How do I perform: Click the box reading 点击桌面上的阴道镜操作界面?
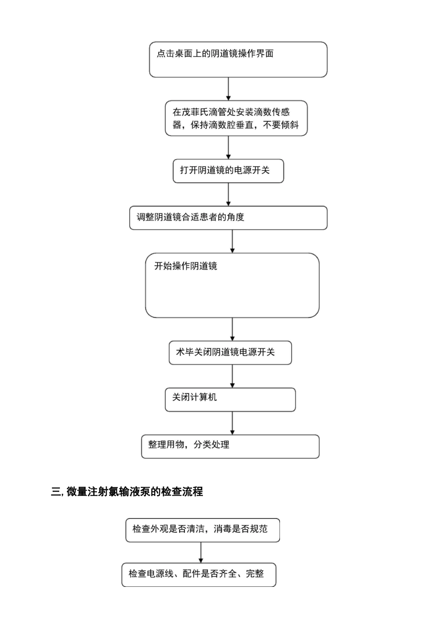tap(238, 59)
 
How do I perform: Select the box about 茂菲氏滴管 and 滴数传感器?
tap(236, 118)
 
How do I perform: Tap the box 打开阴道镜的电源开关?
tap(228, 171)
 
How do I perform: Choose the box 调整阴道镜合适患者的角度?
tap(228, 218)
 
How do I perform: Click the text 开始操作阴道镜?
tap(186, 266)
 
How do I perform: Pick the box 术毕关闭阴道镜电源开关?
tap(230, 352)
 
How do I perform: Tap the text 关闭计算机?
tap(194, 398)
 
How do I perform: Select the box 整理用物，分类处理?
tap(230, 446)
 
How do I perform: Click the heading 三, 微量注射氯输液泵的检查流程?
tap(127, 492)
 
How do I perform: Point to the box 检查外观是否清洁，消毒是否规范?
tap(202, 530)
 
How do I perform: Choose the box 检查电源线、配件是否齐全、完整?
tap(199, 574)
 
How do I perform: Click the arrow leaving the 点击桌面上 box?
tap(228, 89)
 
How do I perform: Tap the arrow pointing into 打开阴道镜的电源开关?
tap(228, 147)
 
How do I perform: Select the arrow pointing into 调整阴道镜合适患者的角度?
tap(228, 194)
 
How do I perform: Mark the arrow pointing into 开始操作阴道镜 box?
tap(232, 241)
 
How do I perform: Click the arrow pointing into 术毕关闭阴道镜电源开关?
tap(232, 329)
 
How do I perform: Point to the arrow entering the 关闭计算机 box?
tap(232, 376)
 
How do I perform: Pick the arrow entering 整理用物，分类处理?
tap(232, 423)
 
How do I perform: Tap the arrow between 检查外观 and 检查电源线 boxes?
tap(201, 552)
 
